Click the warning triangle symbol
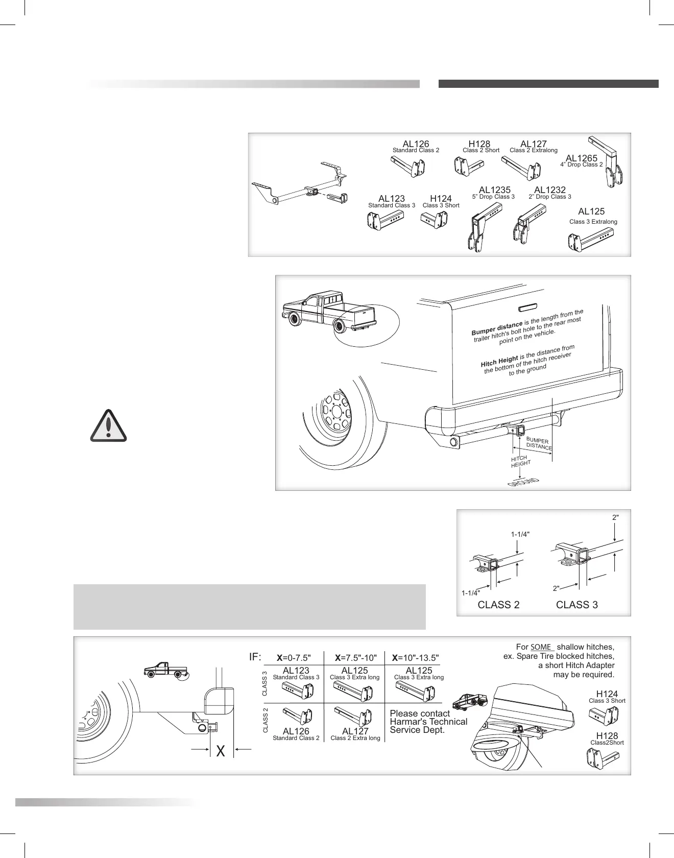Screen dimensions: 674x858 (108, 425)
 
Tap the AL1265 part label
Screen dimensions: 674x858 (581, 159)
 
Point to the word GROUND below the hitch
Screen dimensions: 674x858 (523, 483)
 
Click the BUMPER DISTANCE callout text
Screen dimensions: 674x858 (538, 444)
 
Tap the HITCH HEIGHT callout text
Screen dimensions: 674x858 (520, 461)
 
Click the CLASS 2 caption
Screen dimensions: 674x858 (498, 605)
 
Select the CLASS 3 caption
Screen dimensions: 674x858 (576, 605)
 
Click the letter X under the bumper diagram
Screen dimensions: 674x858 (221, 751)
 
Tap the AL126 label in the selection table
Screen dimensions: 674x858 (296, 731)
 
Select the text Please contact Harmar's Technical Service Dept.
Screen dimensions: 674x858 (428, 722)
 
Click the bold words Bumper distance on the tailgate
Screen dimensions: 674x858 (497, 327)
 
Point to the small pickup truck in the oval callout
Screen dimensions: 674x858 (327, 312)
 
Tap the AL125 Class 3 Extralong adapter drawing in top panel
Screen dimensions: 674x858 (590, 242)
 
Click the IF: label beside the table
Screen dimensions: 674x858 (255, 657)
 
